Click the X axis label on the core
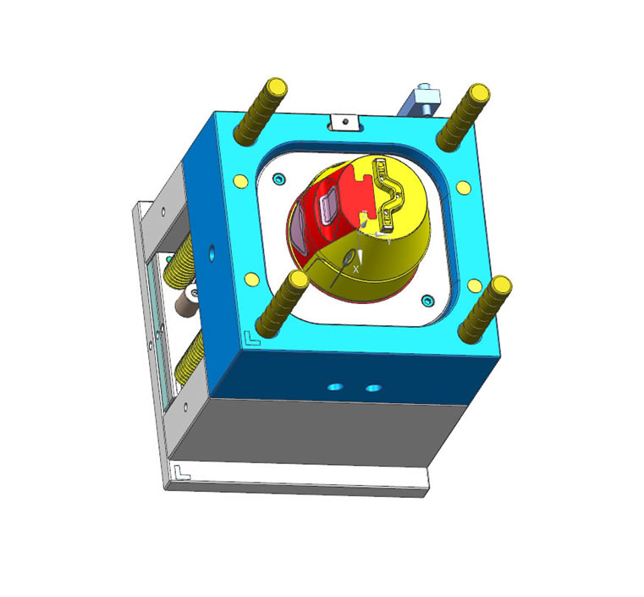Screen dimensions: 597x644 pos(356,268)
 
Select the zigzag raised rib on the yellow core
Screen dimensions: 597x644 pos(390,196)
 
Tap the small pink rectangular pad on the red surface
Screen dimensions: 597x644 pos(329,205)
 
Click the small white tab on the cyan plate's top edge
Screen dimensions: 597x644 pos(342,123)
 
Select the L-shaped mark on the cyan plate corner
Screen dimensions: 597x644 pos(250,338)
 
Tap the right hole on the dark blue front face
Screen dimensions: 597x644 pos(372,387)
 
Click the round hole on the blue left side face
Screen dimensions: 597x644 pos(211,252)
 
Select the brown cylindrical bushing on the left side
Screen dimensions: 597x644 pos(186,300)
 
